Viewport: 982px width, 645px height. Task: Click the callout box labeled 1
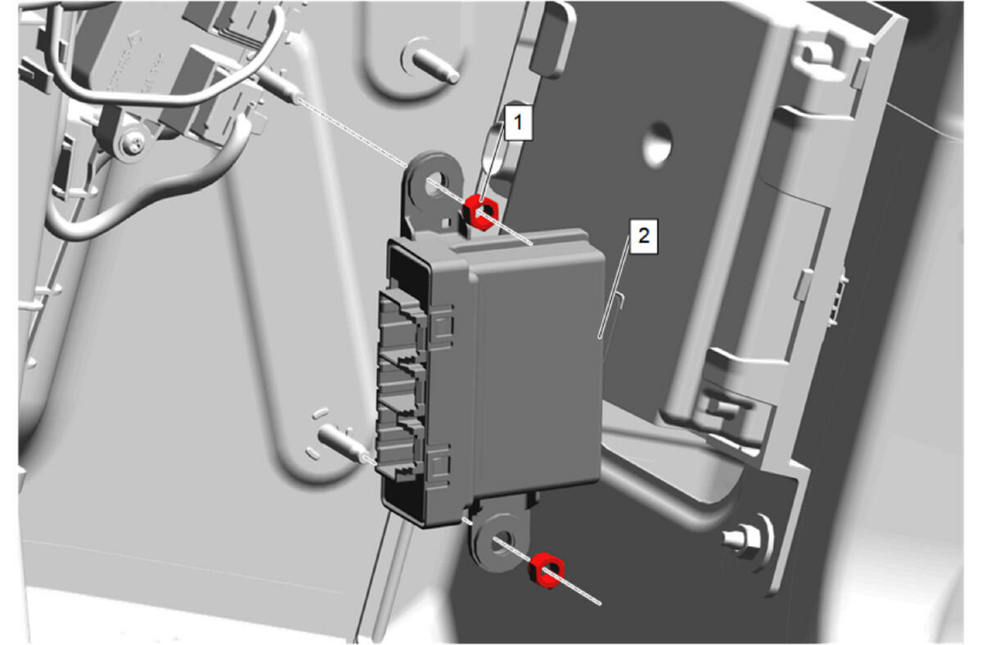(x=519, y=122)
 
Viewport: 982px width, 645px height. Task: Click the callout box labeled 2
(x=643, y=236)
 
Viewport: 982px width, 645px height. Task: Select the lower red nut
(x=547, y=570)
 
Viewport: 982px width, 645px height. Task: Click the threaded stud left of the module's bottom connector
(x=345, y=444)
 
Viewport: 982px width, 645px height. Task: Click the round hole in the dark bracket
(x=658, y=145)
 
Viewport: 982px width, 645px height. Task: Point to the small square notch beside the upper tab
(x=446, y=223)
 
